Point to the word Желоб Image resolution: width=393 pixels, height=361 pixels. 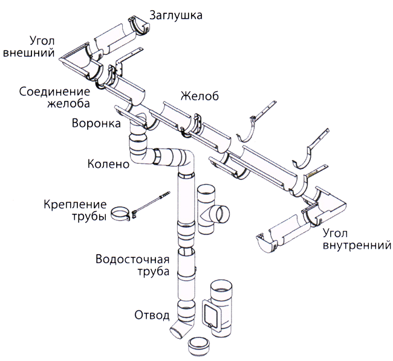(198, 96)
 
